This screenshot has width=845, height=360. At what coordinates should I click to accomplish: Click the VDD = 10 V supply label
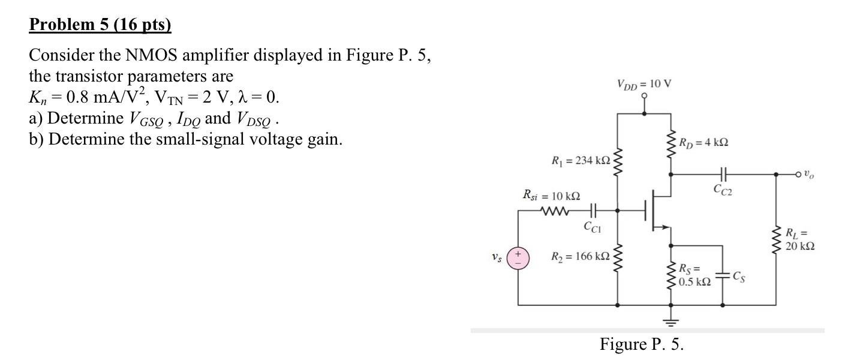click(x=643, y=83)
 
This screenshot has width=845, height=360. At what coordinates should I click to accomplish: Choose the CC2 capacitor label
click(x=723, y=190)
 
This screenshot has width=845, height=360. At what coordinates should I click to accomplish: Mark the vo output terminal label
click(x=809, y=175)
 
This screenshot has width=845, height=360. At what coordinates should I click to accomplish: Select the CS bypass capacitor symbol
click(x=723, y=277)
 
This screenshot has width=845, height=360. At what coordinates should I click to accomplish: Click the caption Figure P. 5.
click(x=642, y=344)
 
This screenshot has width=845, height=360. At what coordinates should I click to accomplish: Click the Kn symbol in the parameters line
click(x=37, y=97)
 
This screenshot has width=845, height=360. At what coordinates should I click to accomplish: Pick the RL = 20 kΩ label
click(x=799, y=240)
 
